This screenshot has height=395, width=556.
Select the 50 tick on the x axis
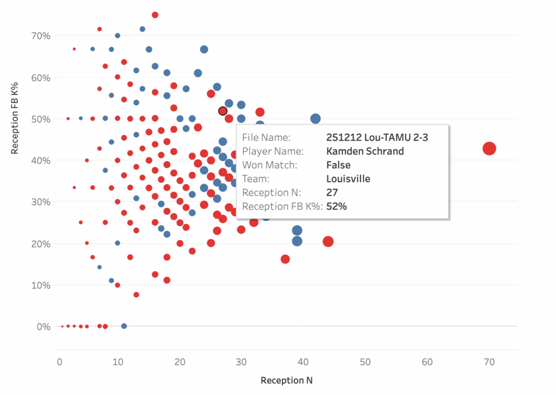[x=367, y=361]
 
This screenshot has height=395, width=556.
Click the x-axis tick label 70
[x=489, y=361]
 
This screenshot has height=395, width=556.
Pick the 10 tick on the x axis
[x=117, y=361]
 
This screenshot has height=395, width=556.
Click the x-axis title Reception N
[x=287, y=380]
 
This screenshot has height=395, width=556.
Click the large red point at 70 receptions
[x=489, y=149]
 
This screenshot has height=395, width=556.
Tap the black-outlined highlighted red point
[x=223, y=111]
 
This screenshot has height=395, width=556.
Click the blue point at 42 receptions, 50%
[x=315, y=119]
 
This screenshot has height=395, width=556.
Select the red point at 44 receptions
[x=328, y=241]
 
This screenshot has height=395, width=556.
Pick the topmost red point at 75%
[x=155, y=15]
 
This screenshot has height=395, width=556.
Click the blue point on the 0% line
[x=124, y=326]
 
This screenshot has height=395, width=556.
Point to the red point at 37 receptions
[x=285, y=259]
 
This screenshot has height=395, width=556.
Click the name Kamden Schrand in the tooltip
[x=365, y=151]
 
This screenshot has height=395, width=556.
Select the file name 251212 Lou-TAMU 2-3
[x=377, y=137]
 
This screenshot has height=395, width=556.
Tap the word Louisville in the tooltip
[x=348, y=178]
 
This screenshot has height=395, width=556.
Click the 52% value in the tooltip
[x=337, y=206]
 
